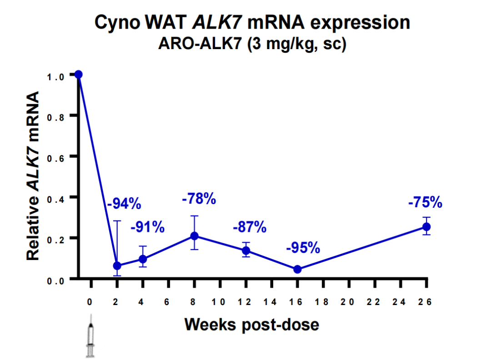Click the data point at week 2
click(117, 265)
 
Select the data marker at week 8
click(194, 235)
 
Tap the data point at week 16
click(297, 269)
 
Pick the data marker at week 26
click(426, 226)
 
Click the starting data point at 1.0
click(78, 74)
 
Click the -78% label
click(199, 199)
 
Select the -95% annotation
click(303, 248)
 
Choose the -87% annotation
click(250, 227)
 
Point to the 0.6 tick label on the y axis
click(56, 156)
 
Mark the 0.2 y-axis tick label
click(56, 238)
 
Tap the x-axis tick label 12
click(246, 302)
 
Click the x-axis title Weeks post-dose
click(252, 325)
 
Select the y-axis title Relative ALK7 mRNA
click(33, 176)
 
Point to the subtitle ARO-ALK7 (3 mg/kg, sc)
click(252, 45)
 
